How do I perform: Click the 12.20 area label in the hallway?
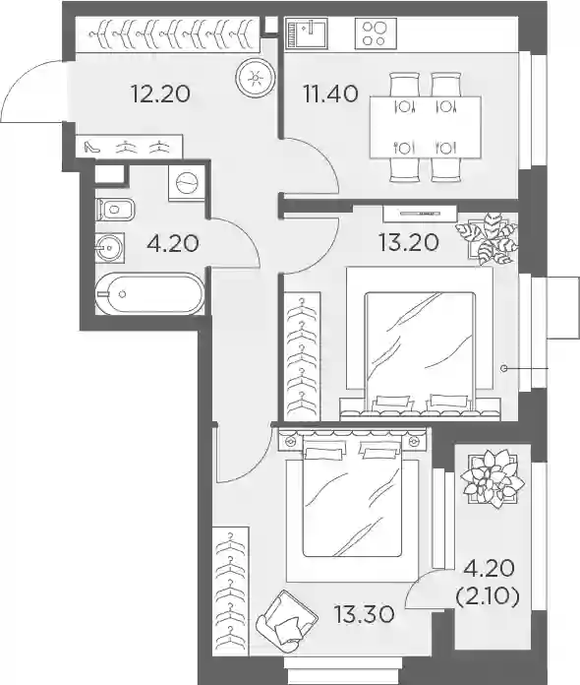[160, 93]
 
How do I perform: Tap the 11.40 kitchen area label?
[331, 93]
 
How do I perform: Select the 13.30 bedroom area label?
[365, 614]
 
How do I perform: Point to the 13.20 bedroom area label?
[409, 242]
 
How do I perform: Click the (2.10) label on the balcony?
[488, 595]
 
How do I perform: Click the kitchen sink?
[307, 32]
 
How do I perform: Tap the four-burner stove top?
[376, 33]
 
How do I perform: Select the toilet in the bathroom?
[115, 210]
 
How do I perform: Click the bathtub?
[149, 293]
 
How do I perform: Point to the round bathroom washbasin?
[110, 248]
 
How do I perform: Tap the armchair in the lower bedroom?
[286, 616]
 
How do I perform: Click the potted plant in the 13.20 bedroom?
[487, 238]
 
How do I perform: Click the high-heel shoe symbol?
[92, 147]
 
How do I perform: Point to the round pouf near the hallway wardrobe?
[256, 78]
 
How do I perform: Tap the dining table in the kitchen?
[426, 127]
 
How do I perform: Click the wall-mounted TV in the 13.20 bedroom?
[420, 214]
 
